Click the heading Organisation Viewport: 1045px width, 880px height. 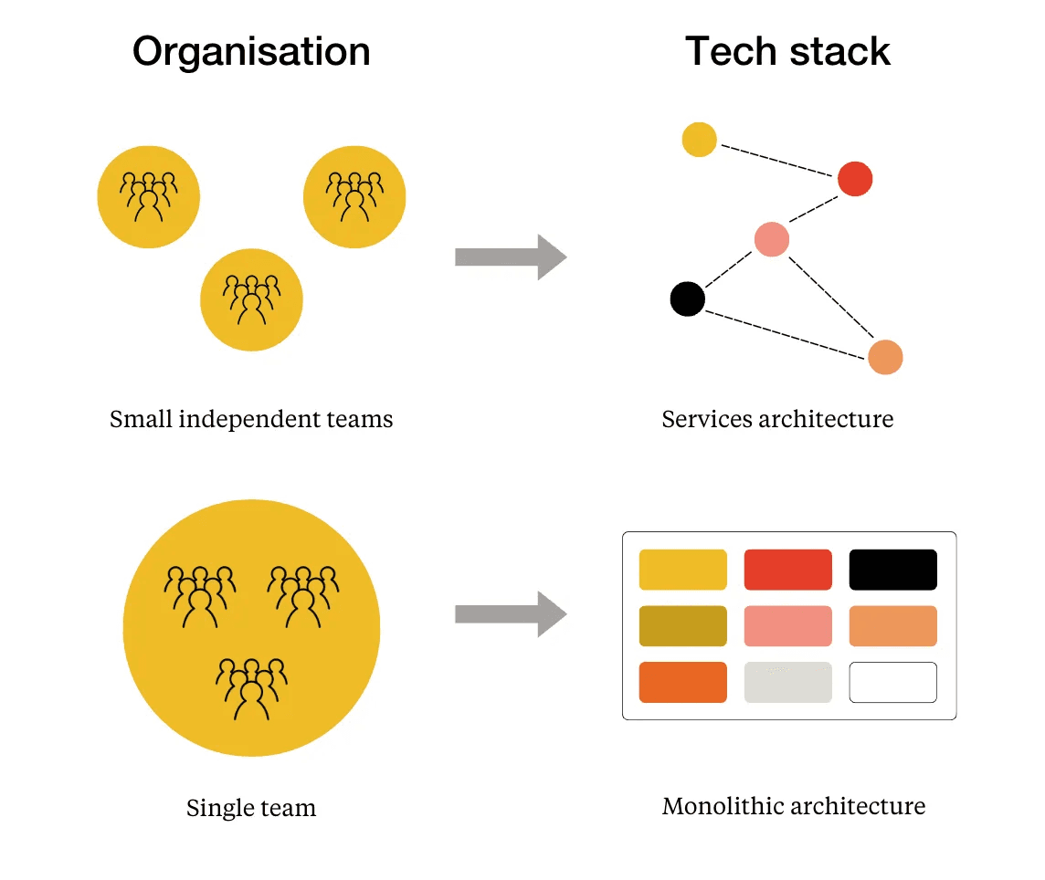click(251, 52)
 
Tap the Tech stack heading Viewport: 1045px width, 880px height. click(787, 52)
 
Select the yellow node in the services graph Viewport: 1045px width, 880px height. click(699, 140)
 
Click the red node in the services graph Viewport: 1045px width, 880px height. click(855, 179)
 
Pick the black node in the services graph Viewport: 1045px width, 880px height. click(687, 299)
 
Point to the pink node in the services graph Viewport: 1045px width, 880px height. click(771, 239)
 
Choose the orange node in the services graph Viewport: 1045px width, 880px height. click(885, 357)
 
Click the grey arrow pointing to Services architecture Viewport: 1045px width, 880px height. click(510, 257)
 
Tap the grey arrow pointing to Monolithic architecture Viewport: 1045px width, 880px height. click(510, 614)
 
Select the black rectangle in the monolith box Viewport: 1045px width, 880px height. click(892, 570)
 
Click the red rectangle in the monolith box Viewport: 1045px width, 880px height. click(787, 570)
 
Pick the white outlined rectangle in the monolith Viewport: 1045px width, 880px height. click(892, 683)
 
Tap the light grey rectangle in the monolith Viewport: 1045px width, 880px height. click(787, 683)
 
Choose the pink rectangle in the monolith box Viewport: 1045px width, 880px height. click(787, 626)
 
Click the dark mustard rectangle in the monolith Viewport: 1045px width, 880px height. click(682, 626)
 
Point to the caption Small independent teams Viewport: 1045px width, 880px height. click(251, 420)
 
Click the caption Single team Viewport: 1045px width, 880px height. click(251, 808)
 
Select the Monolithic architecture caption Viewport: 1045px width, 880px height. click(793, 807)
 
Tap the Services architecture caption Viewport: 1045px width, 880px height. click(777, 419)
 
